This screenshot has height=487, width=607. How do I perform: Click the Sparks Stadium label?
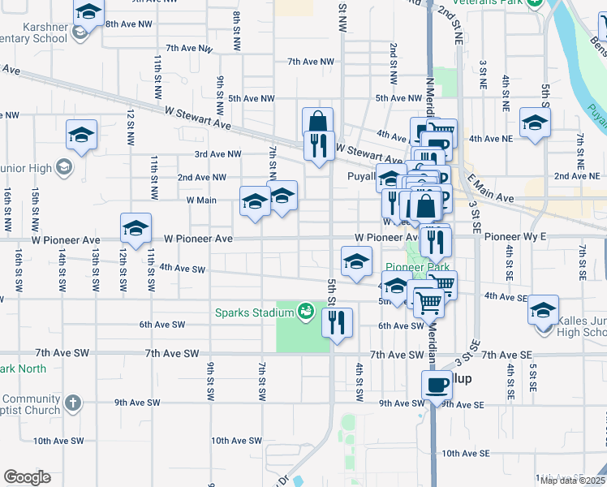[x=254, y=312]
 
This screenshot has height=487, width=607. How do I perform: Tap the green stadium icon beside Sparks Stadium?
[x=306, y=310]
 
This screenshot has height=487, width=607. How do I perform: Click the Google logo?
[x=27, y=477]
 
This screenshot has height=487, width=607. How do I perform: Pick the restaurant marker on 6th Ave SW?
[x=337, y=321]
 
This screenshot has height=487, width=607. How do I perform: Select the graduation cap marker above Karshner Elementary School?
[x=88, y=13]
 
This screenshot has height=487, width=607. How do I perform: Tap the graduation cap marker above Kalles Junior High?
[x=544, y=312]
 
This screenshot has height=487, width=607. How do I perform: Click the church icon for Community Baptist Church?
[x=73, y=402]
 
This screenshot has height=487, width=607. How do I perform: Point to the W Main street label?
[x=201, y=200]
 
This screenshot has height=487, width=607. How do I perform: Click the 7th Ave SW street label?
[x=172, y=354]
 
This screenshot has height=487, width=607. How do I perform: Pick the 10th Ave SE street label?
[x=463, y=453]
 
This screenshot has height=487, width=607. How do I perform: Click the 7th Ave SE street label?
[x=506, y=356]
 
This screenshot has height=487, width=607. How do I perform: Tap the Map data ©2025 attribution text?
[x=571, y=481]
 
